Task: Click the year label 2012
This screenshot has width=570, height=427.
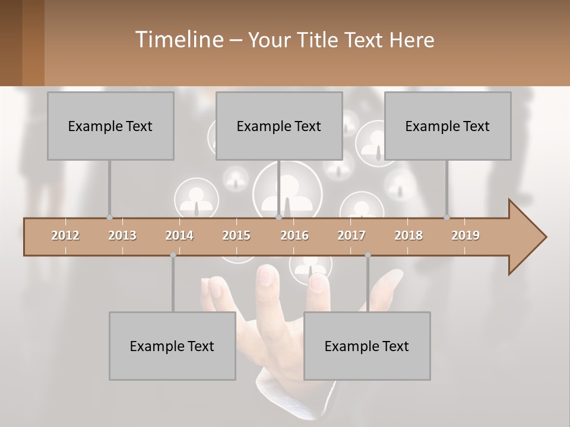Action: click(65, 235)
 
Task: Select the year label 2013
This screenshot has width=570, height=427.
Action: click(122, 235)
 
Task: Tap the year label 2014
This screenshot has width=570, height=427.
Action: click(179, 235)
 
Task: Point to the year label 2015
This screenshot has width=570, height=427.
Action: click(236, 235)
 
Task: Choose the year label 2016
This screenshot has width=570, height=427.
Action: click(294, 235)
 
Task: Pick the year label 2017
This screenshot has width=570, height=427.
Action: click(351, 235)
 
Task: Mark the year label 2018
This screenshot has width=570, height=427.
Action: click(408, 235)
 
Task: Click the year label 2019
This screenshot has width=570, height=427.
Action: click(465, 235)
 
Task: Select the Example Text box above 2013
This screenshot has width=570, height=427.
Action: click(110, 126)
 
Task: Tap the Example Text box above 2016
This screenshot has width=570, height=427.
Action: click(279, 126)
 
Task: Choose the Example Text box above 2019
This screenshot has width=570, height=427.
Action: click(448, 126)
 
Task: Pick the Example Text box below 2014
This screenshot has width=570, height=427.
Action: click(172, 346)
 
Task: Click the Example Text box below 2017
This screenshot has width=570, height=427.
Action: click(367, 346)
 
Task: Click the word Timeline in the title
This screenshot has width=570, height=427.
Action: click(178, 39)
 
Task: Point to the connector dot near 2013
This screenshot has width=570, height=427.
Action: click(109, 218)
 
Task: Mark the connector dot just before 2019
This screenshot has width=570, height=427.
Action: click(446, 218)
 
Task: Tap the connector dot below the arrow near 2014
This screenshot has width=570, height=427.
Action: click(173, 255)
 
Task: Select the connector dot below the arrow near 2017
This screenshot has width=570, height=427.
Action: click(368, 255)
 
